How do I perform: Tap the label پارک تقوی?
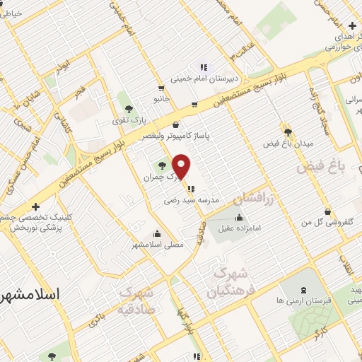127,121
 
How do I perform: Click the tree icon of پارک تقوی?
128,108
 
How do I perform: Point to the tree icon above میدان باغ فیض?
287,131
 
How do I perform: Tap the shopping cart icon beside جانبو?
162,89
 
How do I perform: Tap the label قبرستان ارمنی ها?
279,300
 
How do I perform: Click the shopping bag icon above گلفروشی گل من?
327,211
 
